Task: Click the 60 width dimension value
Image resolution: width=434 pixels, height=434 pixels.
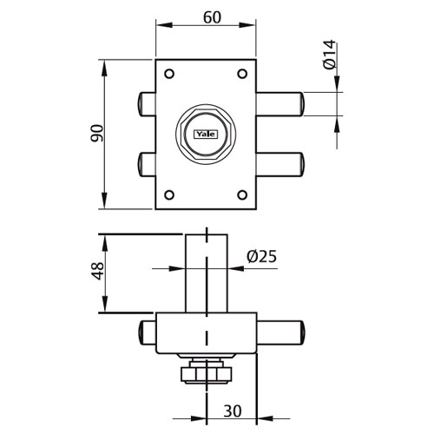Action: pyautogui.click(x=212, y=17)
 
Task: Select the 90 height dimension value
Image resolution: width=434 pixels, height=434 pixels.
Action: pyautogui.click(x=97, y=133)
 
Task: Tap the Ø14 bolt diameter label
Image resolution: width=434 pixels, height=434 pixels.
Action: pyautogui.click(x=330, y=55)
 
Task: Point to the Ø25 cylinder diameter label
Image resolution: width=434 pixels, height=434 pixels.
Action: pyautogui.click(x=261, y=256)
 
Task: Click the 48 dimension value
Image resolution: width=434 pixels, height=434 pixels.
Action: pyautogui.click(x=98, y=271)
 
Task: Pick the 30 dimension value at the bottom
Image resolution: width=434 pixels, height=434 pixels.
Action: pyautogui.click(x=233, y=411)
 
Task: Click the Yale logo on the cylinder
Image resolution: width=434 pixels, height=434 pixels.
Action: pyautogui.click(x=206, y=135)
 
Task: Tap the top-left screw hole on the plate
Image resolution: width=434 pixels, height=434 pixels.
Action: pyautogui.click(x=169, y=74)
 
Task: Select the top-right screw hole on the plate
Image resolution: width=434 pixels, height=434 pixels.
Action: pyautogui.click(x=242, y=74)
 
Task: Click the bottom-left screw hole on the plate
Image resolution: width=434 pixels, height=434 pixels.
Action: pyautogui.click(x=169, y=195)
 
